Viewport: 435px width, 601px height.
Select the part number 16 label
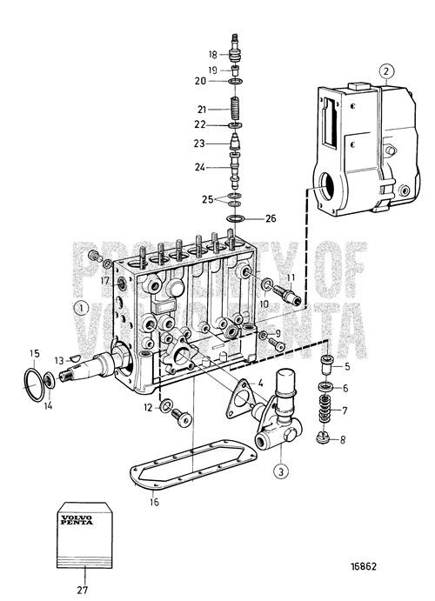(x=154, y=502)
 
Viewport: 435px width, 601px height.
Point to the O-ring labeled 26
(x=235, y=217)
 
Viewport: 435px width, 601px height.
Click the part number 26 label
(x=271, y=218)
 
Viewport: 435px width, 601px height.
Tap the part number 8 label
(x=343, y=440)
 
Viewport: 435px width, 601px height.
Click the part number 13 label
(x=59, y=358)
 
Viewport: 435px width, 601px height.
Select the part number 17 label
(x=104, y=281)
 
